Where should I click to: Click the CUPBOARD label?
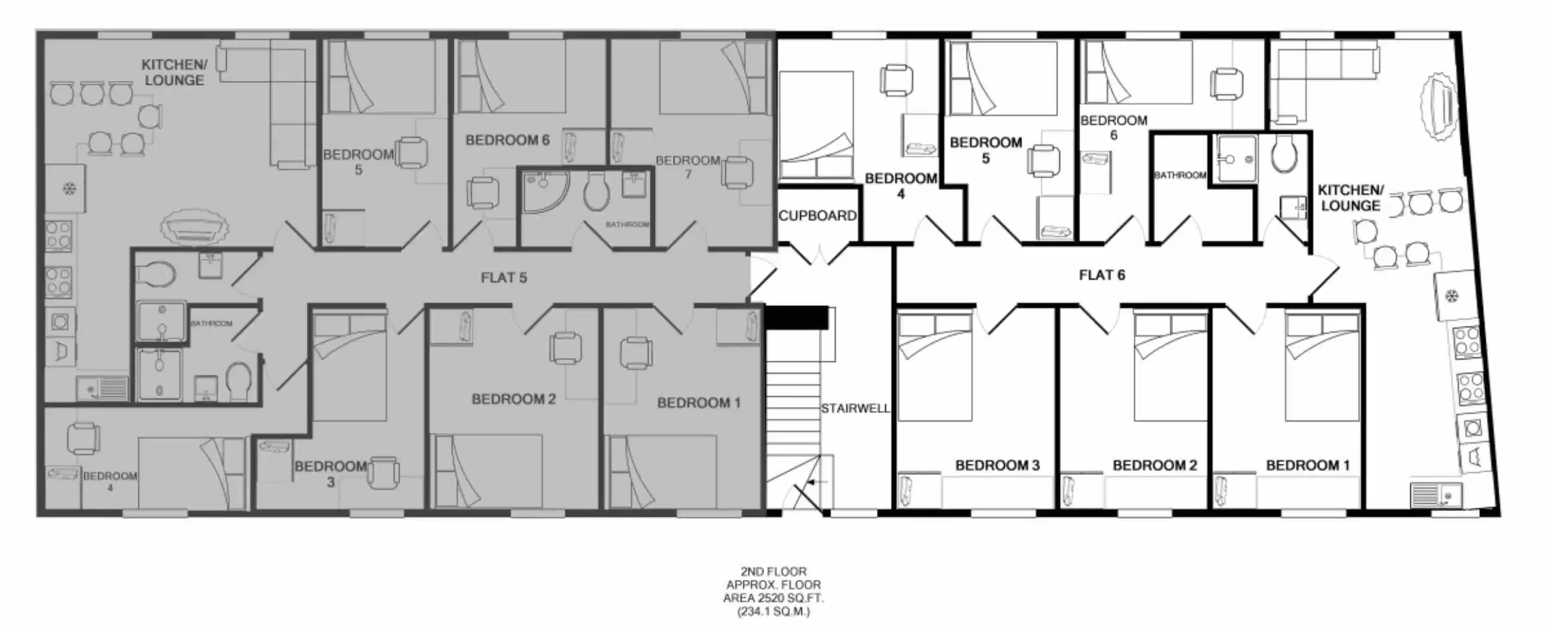pos(817,216)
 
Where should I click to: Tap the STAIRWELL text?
pos(855,408)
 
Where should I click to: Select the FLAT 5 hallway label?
pos(503,277)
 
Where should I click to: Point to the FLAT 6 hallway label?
pos(1102,275)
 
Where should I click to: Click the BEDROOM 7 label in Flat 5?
pos(688,166)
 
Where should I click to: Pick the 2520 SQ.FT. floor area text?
pos(773,598)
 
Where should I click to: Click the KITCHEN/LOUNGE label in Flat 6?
pos(1350,198)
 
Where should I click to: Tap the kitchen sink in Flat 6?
pos(1436,496)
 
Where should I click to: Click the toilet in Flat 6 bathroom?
pos(1284,154)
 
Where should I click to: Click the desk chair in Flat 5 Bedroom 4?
pos(84,439)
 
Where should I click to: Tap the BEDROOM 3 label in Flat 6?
pos(997,465)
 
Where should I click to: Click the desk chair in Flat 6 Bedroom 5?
pos(1043,161)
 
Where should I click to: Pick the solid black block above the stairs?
pos(796,318)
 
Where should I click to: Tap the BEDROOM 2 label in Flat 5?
pos(513,399)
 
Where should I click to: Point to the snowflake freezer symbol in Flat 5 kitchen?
pos(69,189)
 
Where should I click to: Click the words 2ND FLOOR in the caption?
pos(773,571)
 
